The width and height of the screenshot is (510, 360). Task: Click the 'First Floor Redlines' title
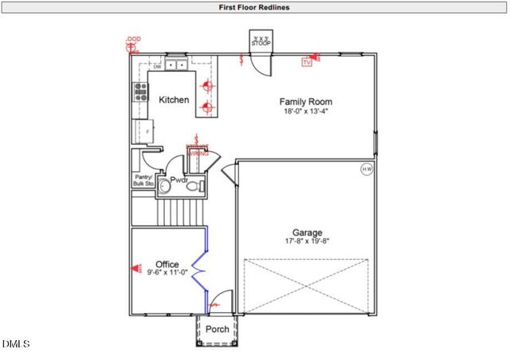tap(254, 7)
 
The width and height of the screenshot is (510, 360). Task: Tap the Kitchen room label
tap(174, 100)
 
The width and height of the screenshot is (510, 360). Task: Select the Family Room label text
tap(305, 102)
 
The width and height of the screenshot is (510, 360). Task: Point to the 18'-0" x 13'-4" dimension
tap(305, 112)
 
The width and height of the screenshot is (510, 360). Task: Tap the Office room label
tap(167, 264)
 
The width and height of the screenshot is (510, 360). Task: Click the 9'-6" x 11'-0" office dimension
tap(167, 273)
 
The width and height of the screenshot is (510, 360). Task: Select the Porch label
tap(218, 329)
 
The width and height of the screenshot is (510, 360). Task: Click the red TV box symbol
tap(306, 61)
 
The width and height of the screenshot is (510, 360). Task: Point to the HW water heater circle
tap(367, 169)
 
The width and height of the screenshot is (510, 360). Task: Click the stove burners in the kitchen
tap(140, 92)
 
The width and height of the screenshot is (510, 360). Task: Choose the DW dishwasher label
tap(157, 66)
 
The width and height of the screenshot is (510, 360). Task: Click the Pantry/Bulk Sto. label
tap(143, 180)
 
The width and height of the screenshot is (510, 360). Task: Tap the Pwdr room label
tap(178, 181)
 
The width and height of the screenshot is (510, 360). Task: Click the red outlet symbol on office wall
tap(133, 268)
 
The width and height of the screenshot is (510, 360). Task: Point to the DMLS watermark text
tap(15, 344)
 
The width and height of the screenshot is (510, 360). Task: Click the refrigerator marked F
tap(148, 129)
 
